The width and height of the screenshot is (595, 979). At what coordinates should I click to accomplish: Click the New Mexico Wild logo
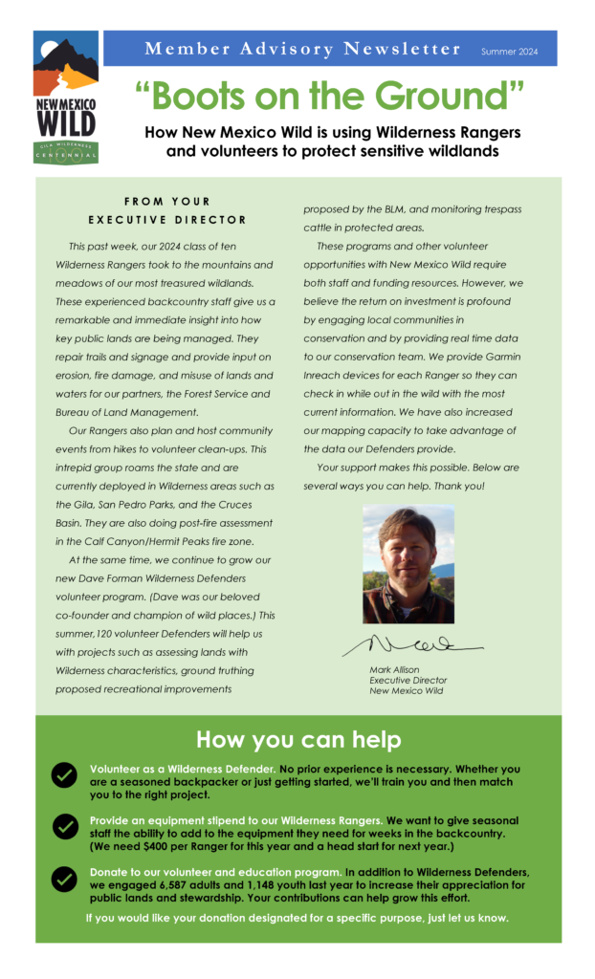point(66,97)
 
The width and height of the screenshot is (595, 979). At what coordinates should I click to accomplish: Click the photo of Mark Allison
point(408,564)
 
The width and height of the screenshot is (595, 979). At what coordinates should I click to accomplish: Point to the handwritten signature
point(411,643)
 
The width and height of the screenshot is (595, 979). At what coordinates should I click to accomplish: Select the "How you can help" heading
point(298,740)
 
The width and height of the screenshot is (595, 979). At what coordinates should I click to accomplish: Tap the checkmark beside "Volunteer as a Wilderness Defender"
point(64,775)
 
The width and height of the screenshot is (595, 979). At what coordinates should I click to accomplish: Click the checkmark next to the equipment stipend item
point(65,826)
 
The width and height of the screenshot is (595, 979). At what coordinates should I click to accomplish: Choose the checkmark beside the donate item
point(64,878)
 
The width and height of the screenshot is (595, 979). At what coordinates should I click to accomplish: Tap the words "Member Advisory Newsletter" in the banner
point(302,49)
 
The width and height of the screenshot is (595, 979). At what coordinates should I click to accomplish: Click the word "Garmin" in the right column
point(498,356)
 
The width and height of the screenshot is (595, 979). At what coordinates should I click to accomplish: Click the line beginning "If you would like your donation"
point(297,918)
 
